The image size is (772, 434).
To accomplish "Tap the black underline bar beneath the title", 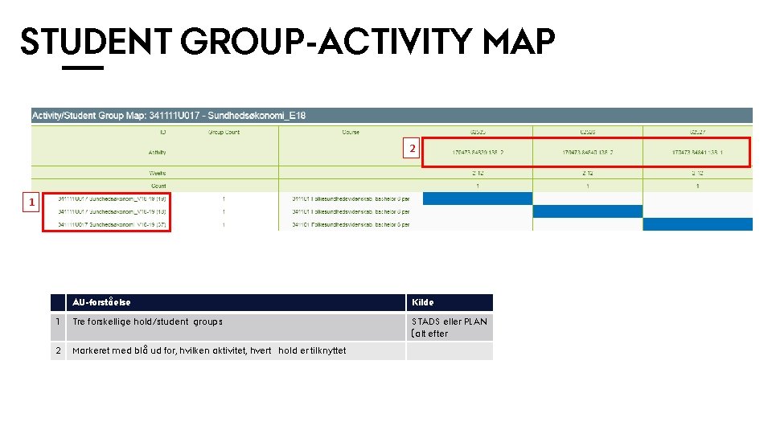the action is point(83,68).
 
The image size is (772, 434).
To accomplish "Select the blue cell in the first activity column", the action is point(478,199).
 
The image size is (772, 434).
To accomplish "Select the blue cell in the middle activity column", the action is point(588,211).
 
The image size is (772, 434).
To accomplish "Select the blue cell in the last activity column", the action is point(697,224).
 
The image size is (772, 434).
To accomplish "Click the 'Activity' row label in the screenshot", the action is point(158,152).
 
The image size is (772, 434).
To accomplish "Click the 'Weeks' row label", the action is point(158,173).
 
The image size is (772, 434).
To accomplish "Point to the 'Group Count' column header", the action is point(224,132).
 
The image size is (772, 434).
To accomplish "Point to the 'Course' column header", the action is point(351,132).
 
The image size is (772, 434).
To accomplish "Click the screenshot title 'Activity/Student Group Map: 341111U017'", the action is point(169,116).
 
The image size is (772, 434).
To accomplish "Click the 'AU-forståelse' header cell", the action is point(102,302).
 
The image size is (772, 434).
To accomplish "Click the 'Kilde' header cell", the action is point(422,302).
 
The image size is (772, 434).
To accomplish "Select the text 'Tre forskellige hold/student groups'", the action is point(147,321).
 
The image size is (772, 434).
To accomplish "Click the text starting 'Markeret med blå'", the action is point(209,350).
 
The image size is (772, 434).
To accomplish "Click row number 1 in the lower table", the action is point(58,321).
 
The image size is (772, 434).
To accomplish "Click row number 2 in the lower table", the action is point(58,350).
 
